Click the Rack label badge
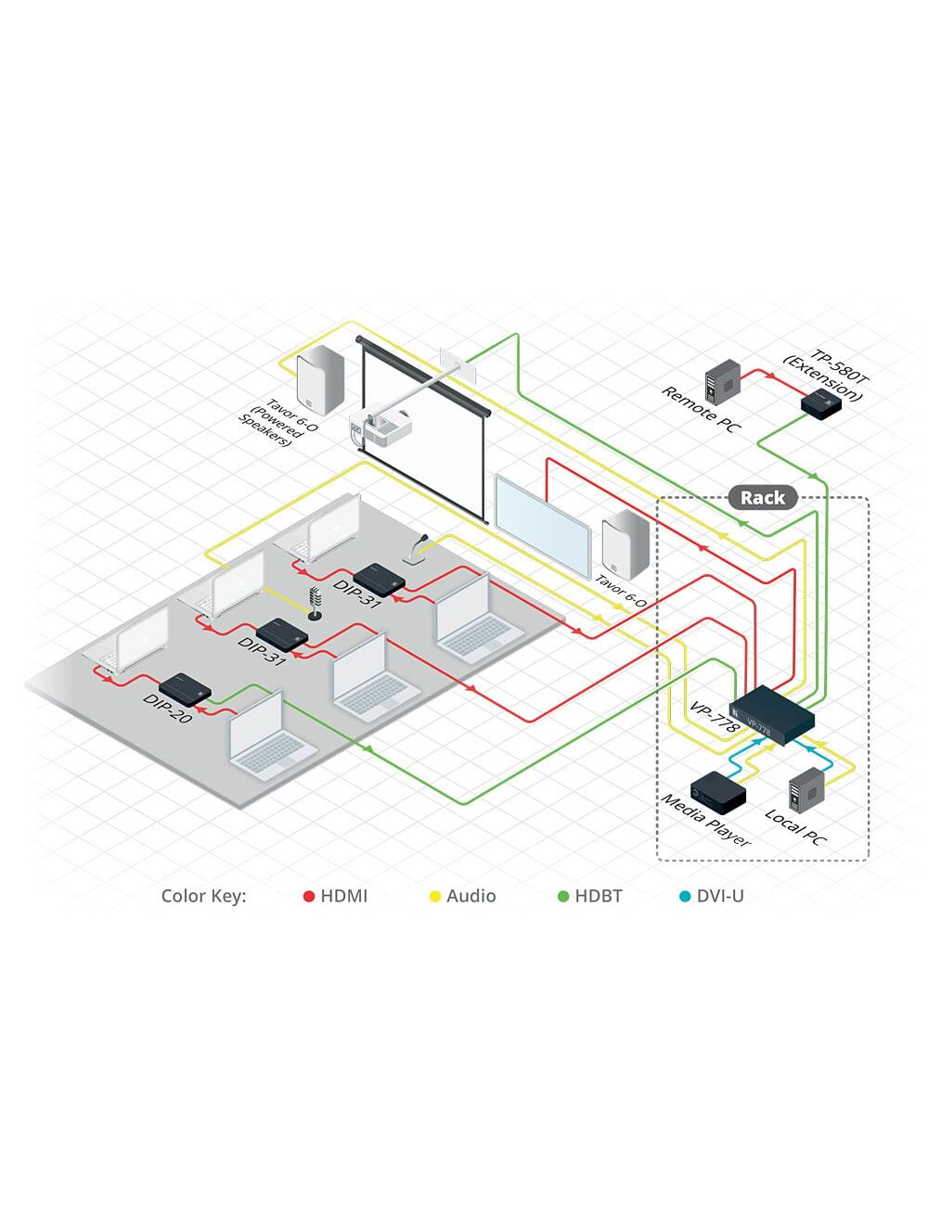tap(762, 498)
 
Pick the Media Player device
tap(717, 791)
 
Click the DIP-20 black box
tap(186, 688)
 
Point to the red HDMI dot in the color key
tap(309, 897)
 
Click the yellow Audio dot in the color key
tap(434, 897)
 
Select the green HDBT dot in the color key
tap(562, 897)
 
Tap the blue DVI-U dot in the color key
tap(685, 897)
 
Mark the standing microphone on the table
tap(316, 603)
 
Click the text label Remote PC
tap(701, 409)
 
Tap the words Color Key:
tap(203, 897)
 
